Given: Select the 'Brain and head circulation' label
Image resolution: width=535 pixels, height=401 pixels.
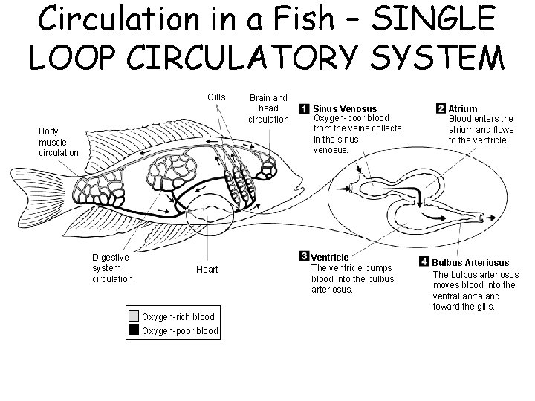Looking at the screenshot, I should pyautogui.click(x=267, y=108).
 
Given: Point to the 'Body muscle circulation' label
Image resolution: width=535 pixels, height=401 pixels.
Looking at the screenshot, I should pyautogui.click(x=58, y=142).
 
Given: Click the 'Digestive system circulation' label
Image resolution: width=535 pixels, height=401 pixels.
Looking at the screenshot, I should pyautogui.click(x=111, y=268).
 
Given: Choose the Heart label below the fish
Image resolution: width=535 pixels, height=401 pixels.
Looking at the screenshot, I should pyautogui.click(x=207, y=270).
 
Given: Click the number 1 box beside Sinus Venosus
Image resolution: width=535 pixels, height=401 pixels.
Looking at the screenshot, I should pyautogui.click(x=304, y=109).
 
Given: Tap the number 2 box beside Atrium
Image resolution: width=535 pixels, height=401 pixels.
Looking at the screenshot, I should pyautogui.click(x=441, y=108).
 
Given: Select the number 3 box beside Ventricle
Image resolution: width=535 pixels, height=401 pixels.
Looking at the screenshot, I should pyautogui.click(x=303, y=257).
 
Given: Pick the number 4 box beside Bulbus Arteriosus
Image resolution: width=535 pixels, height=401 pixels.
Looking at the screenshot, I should pyautogui.click(x=424, y=263).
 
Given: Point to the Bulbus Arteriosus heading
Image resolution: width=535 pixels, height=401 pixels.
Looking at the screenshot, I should pyautogui.click(x=470, y=263).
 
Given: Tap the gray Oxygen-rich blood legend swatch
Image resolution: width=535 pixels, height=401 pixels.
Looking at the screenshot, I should pyautogui.click(x=134, y=316).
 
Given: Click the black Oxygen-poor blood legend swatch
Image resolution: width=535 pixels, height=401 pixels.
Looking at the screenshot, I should pyautogui.click(x=134, y=330).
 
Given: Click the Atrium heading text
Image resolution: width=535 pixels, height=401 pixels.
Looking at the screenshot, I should pyautogui.click(x=463, y=108).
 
